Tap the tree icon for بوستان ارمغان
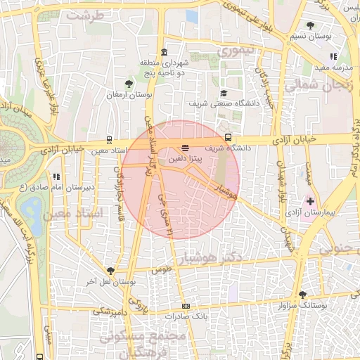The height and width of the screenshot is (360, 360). click(x=127, y=83)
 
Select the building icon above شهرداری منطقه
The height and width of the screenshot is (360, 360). click(x=164, y=52)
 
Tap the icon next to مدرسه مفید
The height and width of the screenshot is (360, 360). click(x=333, y=56)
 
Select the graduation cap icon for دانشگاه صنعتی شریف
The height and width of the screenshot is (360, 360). click(x=224, y=93)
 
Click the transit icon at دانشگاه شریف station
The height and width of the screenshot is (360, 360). click(x=228, y=137)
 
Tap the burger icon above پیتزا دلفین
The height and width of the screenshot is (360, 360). click(x=184, y=148)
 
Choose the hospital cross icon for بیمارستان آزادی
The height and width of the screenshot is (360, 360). click(x=310, y=201)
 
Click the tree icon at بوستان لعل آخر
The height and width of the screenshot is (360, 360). click(x=110, y=271)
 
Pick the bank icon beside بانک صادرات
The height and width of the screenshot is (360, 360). click(x=186, y=306)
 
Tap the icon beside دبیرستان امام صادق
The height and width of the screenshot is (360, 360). click(x=56, y=176)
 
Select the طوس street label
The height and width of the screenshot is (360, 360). click(x=161, y=269)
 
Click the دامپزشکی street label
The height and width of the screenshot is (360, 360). click(x=110, y=310)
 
